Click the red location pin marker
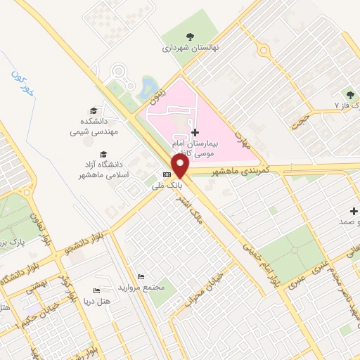(x=181, y=165)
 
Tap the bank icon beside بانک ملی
(x=167, y=175)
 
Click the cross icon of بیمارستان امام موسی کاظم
(x=195, y=131)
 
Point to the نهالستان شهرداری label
(x=187, y=49)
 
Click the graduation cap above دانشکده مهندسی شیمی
(x=93, y=110)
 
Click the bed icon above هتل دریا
(x=96, y=291)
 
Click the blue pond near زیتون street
(x=149, y=87)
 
